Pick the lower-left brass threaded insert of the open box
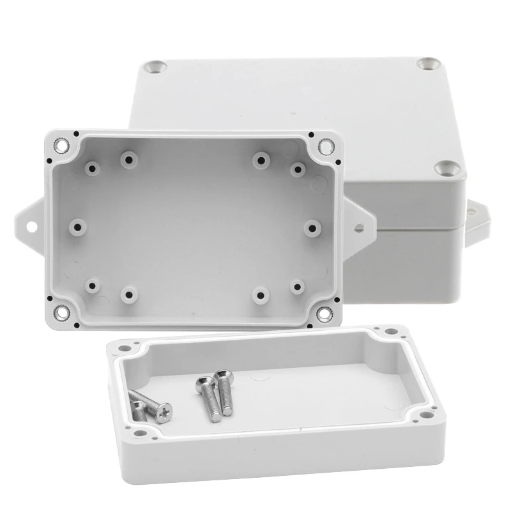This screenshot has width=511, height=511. [x=63, y=313]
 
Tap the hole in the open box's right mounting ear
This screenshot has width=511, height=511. [x=360, y=226]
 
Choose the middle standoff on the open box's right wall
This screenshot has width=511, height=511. [x=312, y=228]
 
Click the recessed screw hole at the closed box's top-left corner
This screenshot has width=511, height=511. [x=156, y=66]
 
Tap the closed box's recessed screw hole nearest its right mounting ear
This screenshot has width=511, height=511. [x=445, y=168]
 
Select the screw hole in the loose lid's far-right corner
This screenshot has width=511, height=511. [x=388, y=333]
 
